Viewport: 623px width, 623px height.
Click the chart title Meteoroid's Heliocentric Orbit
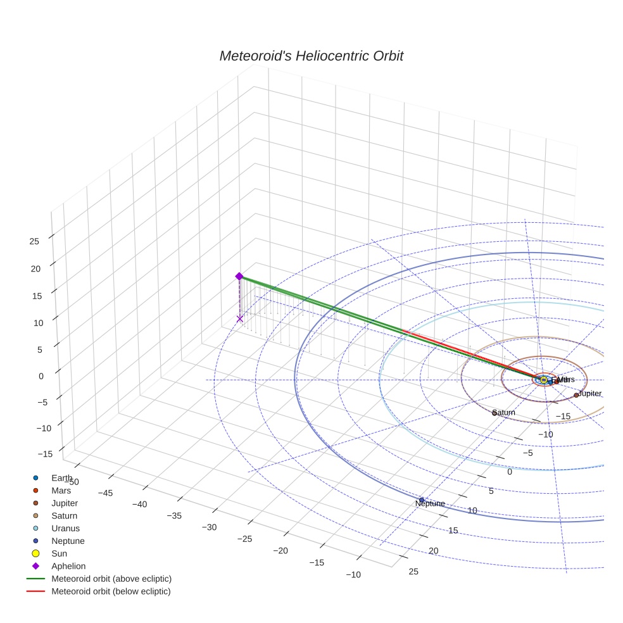click(311, 56)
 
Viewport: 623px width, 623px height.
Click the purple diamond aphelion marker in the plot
click(239, 276)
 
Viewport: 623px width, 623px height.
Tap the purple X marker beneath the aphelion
click(239, 318)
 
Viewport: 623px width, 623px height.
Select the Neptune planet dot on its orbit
click(422, 500)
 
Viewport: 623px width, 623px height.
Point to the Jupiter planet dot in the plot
click(576, 395)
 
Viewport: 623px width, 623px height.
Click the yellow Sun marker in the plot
click(543, 379)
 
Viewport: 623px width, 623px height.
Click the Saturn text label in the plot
click(504, 413)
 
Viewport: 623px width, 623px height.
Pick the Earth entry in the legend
click(61, 478)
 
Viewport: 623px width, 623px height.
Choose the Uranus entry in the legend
click(65, 528)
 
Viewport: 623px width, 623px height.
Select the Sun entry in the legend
click(59, 553)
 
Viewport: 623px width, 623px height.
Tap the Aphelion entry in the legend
click(68, 566)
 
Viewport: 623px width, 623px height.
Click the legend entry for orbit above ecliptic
click(111, 579)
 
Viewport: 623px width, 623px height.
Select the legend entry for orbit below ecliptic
click(111, 591)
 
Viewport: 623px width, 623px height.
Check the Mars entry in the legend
click(61, 491)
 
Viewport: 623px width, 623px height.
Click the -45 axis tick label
click(105, 493)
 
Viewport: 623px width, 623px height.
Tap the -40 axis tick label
click(139, 504)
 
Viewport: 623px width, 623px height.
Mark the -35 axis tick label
click(173, 515)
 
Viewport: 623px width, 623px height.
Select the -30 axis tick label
click(208, 527)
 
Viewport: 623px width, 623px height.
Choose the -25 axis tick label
click(244, 539)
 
